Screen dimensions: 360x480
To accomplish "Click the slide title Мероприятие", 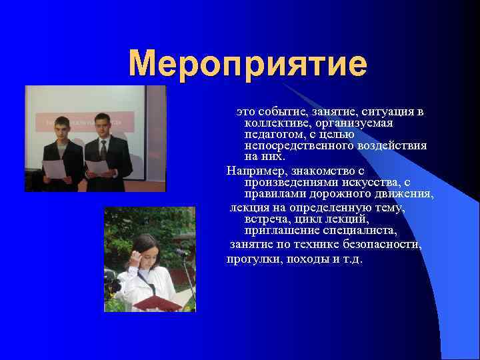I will click(247, 65).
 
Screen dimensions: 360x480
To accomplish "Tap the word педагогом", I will click(273, 134).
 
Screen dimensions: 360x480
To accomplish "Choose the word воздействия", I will click(393, 145).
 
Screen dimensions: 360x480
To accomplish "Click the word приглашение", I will click(281, 231).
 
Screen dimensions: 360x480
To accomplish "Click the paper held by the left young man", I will click(54, 169).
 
